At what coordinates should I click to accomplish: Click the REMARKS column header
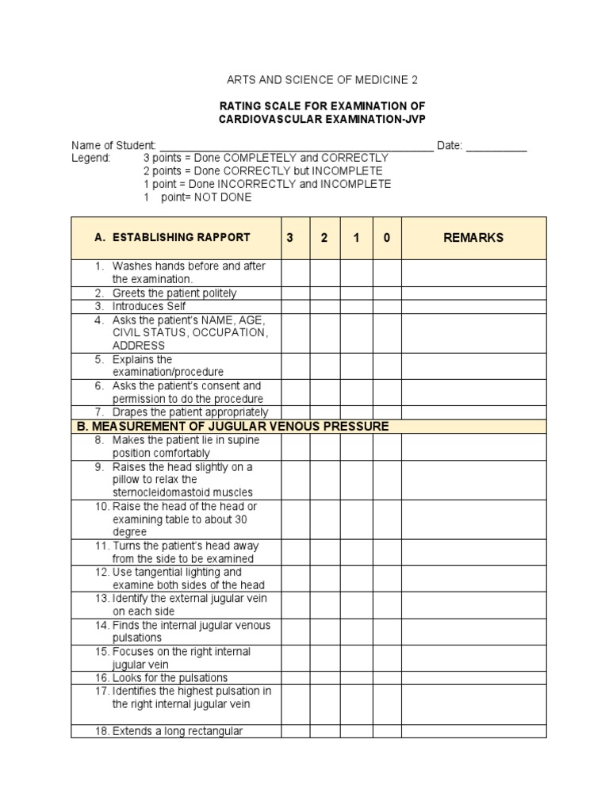point(473,237)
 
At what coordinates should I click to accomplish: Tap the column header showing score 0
point(387,237)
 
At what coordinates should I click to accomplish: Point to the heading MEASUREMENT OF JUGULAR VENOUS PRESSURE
point(232,427)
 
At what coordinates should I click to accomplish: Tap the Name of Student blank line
point(296,146)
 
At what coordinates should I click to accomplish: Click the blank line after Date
point(496,146)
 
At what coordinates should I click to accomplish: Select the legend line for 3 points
point(266,159)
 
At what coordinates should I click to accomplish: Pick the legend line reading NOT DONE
point(197,197)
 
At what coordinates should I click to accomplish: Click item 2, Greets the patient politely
point(174,293)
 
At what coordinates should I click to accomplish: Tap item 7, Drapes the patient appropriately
point(190,412)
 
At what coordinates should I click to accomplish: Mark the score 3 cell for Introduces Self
point(295,306)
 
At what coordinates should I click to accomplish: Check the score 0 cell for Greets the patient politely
point(387,293)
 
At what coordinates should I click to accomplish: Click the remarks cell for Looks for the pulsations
point(473,678)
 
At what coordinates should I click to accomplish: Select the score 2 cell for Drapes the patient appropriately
point(325,412)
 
